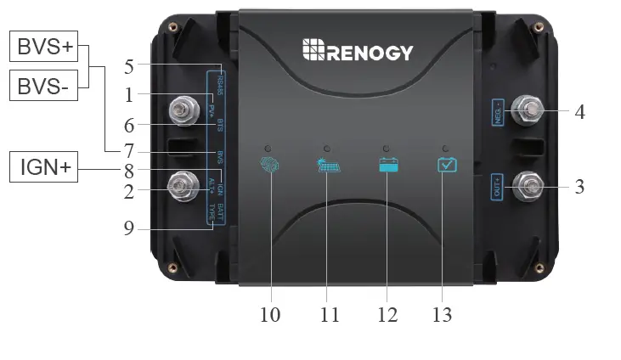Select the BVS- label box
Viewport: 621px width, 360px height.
coord(45,85)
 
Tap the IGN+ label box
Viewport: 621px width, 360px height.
coord(45,168)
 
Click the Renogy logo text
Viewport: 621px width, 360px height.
coord(358,52)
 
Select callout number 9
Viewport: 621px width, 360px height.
coord(128,228)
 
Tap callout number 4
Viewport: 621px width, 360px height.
coord(579,110)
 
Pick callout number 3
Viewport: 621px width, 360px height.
coord(579,186)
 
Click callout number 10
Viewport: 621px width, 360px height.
coord(270,314)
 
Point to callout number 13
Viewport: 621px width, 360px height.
coord(440,314)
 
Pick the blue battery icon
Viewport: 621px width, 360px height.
coord(389,165)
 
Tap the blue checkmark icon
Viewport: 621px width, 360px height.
coord(447,164)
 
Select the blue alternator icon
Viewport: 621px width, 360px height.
coord(268,164)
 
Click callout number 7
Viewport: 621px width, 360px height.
coord(128,151)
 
